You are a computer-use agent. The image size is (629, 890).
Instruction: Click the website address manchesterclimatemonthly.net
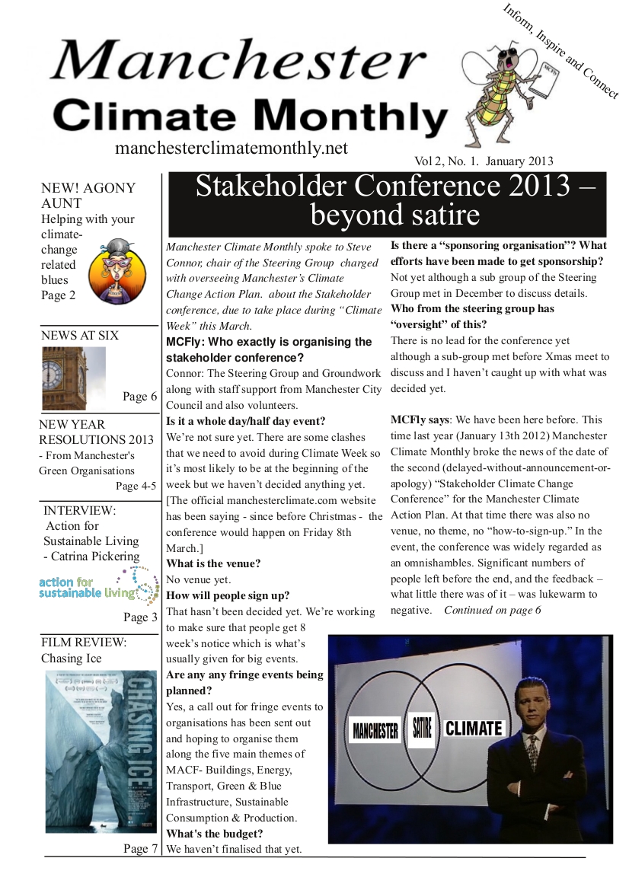[x=231, y=148]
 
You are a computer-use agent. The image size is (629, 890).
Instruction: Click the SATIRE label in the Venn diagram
[x=421, y=729]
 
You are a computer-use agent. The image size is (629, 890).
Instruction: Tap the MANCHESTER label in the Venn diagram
[x=375, y=731]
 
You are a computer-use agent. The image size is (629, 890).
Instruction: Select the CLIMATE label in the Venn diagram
[x=474, y=729]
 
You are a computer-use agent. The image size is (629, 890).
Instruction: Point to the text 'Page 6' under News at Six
[x=139, y=396]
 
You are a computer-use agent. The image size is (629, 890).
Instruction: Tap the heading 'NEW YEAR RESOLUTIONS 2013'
[x=96, y=432]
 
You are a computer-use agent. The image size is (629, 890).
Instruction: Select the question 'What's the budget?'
[x=214, y=834]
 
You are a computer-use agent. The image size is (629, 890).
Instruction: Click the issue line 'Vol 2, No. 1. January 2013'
[x=484, y=161]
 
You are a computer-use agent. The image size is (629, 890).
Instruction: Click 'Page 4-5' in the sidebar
[x=136, y=486]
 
